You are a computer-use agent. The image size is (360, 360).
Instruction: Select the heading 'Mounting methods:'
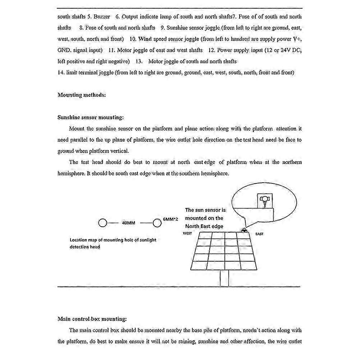82,95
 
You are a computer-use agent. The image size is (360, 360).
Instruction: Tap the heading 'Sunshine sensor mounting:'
90,117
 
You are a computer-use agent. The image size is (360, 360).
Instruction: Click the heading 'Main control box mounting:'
92,319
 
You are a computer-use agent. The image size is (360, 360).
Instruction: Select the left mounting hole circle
102,223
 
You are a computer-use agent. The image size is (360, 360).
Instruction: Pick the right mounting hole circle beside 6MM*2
157,223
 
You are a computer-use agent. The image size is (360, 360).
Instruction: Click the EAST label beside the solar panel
259,234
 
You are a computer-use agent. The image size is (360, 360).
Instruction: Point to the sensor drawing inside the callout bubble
265,200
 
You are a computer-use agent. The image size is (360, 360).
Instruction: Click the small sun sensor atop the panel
245,230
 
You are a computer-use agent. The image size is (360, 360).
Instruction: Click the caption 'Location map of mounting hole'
113,240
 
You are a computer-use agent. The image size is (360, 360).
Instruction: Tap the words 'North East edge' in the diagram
204,226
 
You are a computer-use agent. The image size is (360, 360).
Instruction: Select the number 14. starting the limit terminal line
61,73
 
